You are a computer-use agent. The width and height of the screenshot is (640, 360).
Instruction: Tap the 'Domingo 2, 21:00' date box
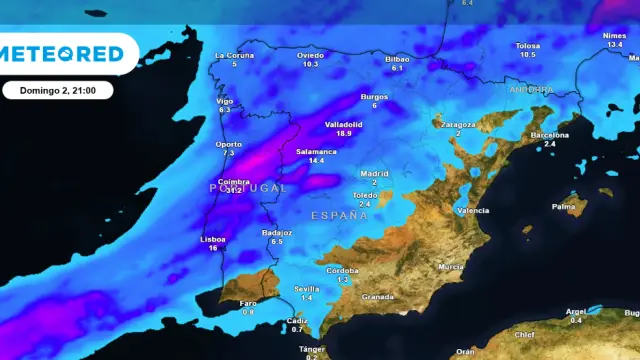click(x=57, y=90)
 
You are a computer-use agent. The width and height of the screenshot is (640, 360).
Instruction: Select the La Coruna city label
click(x=235, y=55)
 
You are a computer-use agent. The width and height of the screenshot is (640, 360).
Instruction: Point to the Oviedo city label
click(x=310, y=55)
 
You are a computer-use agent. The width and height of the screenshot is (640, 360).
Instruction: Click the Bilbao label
click(x=397, y=59)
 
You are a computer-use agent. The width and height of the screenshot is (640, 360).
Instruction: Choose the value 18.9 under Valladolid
click(x=344, y=133)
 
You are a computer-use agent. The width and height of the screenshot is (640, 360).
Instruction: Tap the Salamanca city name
click(x=316, y=151)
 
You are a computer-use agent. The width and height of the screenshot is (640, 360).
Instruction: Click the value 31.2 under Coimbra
click(x=235, y=190)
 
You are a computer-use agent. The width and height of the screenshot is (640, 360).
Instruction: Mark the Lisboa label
click(x=213, y=239)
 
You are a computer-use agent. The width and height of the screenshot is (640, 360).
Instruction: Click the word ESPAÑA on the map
click(x=333, y=215)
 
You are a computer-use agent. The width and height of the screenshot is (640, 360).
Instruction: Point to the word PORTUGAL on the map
click(x=248, y=187)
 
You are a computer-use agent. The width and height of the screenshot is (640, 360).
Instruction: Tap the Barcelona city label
click(x=549, y=134)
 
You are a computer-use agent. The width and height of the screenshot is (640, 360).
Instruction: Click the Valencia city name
click(x=472, y=211)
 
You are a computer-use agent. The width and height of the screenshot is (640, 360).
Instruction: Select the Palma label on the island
click(x=564, y=207)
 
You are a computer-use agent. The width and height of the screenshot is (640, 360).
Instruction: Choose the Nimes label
click(x=614, y=36)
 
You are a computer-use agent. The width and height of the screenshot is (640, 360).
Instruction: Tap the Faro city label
click(x=248, y=303)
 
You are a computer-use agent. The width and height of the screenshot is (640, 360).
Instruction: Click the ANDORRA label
click(x=530, y=89)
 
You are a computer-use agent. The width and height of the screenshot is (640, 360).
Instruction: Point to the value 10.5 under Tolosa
click(x=527, y=54)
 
